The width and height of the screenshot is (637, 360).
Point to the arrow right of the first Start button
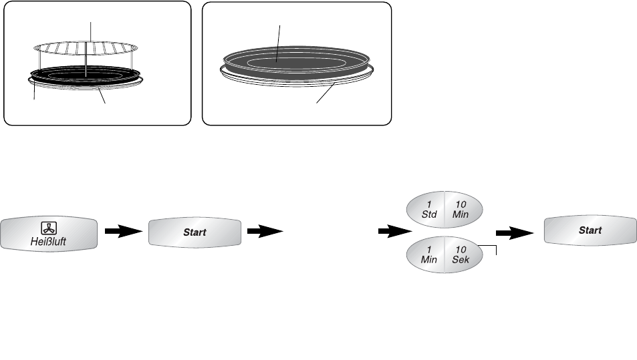[x=263, y=232]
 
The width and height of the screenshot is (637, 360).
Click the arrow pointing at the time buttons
[x=394, y=232]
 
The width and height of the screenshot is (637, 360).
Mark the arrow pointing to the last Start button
[x=515, y=232]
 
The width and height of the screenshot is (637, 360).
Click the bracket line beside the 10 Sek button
[x=495, y=250]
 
